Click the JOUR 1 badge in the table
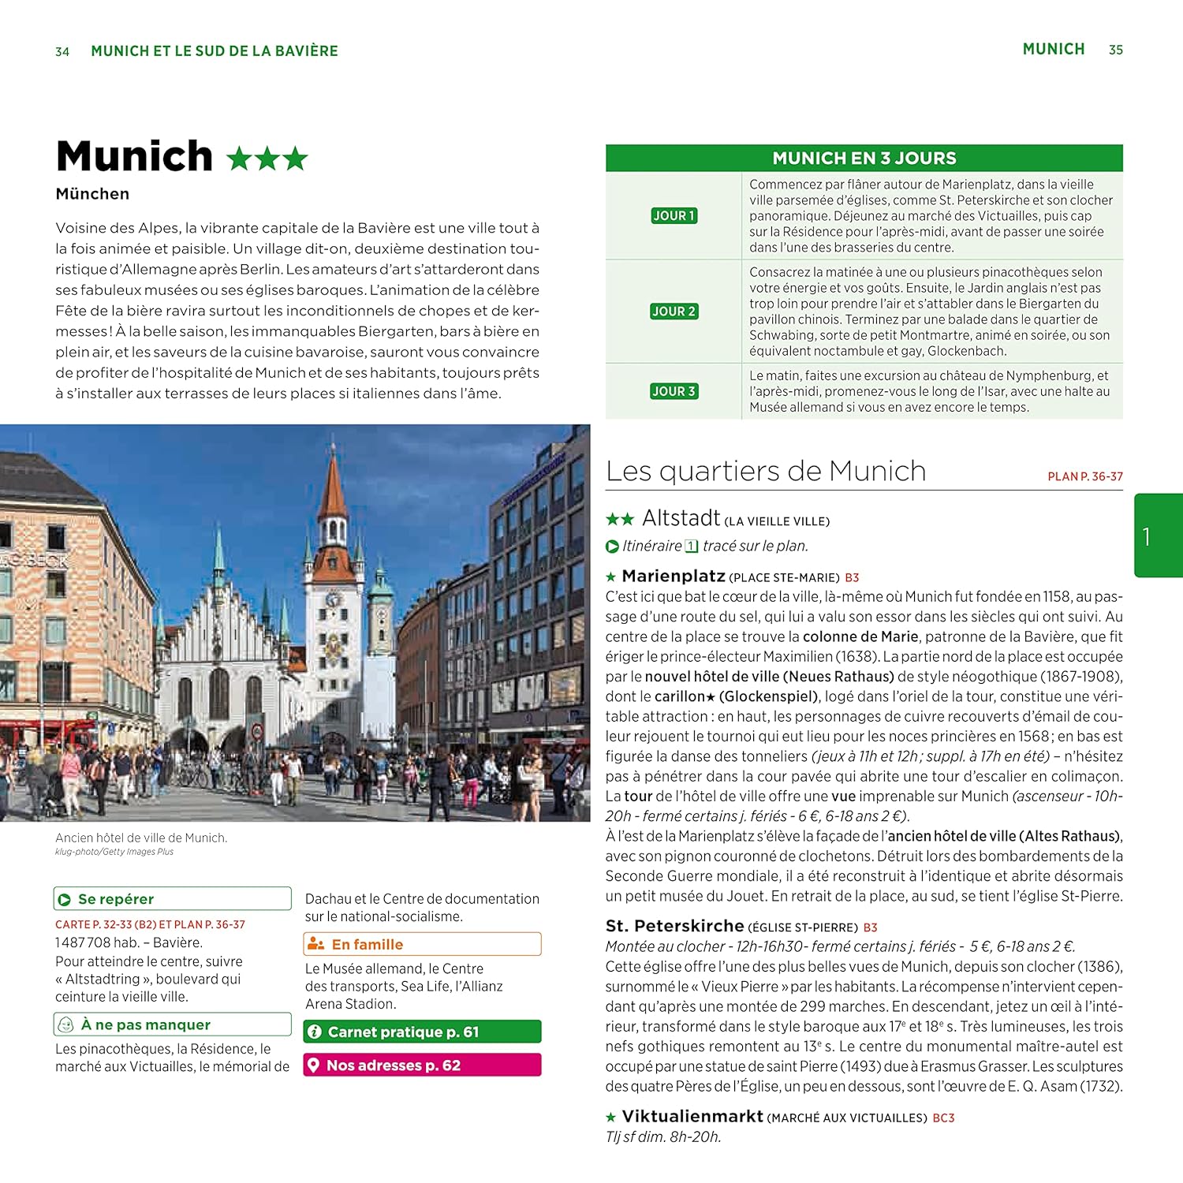(x=674, y=215)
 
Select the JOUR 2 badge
(x=674, y=312)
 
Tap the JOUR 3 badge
(x=674, y=391)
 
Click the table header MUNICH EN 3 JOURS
(x=864, y=158)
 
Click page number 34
(x=62, y=52)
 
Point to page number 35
(x=1115, y=50)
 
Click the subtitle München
(x=92, y=194)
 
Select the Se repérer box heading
(x=116, y=899)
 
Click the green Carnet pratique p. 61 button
(x=422, y=1032)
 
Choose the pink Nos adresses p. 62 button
(x=422, y=1065)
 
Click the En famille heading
(x=367, y=945)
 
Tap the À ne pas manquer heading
(x=146, y=1024)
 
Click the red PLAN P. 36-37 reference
(x=1084, y=476)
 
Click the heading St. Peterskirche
(x=674, y=926)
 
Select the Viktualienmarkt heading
(x=692, y=1117)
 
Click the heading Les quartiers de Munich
(x=766, y=472)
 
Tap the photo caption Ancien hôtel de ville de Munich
(x=141, y=838)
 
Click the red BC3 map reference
(x=943, y=1118)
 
